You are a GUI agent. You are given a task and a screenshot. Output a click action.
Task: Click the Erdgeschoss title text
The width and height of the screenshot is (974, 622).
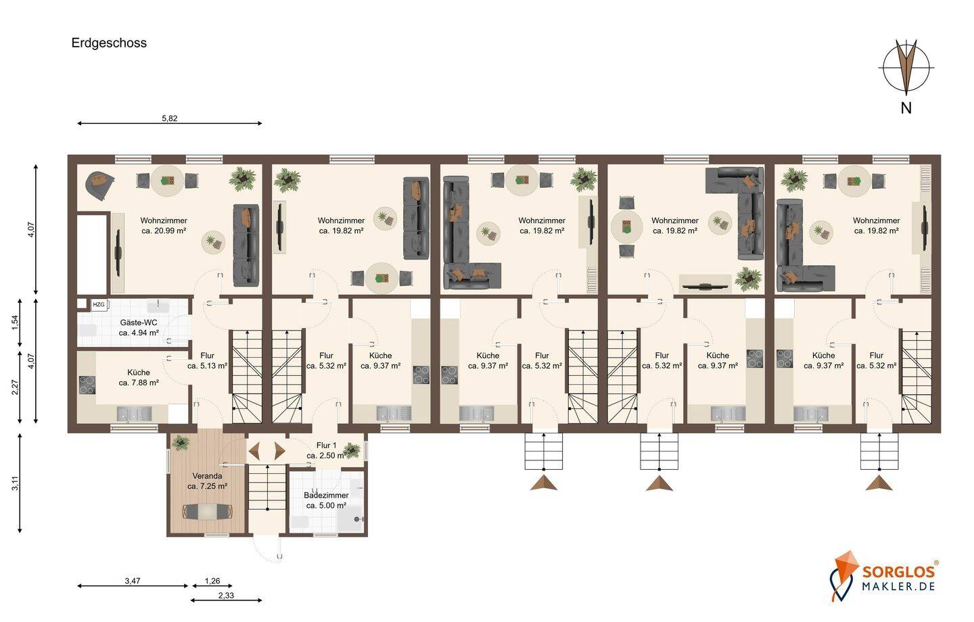click(x=109, y=43)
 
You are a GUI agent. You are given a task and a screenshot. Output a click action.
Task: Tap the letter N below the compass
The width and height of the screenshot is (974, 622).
click(x=906, y=108)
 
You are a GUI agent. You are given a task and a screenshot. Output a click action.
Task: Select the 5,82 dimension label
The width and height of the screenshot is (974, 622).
click(x=170, y=118)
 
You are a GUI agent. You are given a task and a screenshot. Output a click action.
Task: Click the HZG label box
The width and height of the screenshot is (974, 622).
click(x=99, y=305)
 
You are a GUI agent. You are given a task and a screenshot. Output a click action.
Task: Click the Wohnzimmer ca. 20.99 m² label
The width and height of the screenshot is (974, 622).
click(x=164, y=226)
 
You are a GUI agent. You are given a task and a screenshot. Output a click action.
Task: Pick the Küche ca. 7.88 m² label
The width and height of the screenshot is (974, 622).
click(x=139, y=378)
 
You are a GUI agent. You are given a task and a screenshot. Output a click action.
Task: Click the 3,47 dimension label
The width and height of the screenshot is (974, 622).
click(x=133, y=581)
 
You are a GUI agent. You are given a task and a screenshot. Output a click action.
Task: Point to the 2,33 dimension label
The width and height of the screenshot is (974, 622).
click(x=226, y=596)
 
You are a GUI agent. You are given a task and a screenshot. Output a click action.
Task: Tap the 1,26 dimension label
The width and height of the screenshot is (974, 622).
click(x=212, y=581)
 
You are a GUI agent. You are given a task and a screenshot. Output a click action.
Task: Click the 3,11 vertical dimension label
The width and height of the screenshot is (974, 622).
click(x=15, y=483)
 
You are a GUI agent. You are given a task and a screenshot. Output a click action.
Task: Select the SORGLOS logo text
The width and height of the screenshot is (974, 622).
click(x=898, y=571)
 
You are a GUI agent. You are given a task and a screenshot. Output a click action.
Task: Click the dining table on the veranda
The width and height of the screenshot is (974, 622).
click(x=208, y=512)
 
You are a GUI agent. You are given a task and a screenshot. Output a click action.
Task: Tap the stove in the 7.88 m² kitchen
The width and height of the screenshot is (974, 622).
click(x=87, y=385)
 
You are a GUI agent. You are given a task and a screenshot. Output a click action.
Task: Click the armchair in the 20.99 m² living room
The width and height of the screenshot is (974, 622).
click(x=100, y=185)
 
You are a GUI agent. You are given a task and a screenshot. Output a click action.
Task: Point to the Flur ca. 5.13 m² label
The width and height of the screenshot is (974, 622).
click(x=208, y=361)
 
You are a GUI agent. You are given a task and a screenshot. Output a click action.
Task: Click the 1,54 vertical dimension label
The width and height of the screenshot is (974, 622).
click(x=15, y=322)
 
